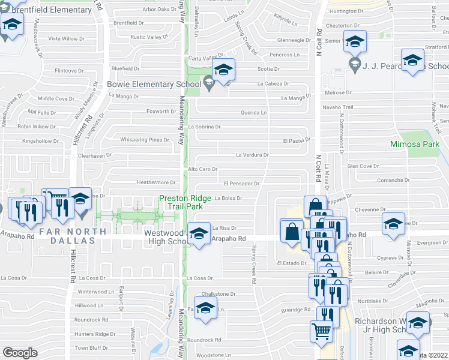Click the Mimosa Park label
415,145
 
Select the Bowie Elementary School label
154,84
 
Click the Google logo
20,352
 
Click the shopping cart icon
322,329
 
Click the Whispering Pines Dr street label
145,140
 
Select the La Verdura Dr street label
252,155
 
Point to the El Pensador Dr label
241,184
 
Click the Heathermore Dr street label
155,182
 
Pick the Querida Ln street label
254,112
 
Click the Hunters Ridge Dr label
91,334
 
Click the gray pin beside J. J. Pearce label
354,64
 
